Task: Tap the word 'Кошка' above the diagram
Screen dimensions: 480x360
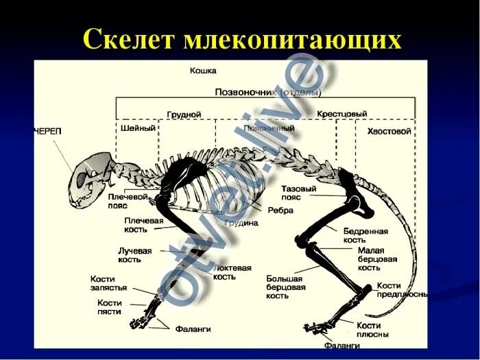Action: (x=203, y=71)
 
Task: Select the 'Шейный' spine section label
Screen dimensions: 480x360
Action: (x=137, y=128)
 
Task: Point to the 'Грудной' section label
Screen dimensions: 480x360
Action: (x=184, y=115)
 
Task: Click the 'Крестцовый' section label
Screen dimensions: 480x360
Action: (x=341, y=114)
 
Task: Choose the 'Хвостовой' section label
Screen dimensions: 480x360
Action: (x=389, y=130)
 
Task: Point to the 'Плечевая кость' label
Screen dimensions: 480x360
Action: (x=143, y=225)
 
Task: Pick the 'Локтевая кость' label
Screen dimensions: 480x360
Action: (x=232, y=272)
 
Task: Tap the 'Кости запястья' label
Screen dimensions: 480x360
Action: (x=108, y=283)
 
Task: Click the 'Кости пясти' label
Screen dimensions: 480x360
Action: (x=109, y=307)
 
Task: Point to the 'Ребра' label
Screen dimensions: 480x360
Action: (x=280, y=211)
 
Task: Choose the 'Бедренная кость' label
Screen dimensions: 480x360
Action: (x=365, y=235)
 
